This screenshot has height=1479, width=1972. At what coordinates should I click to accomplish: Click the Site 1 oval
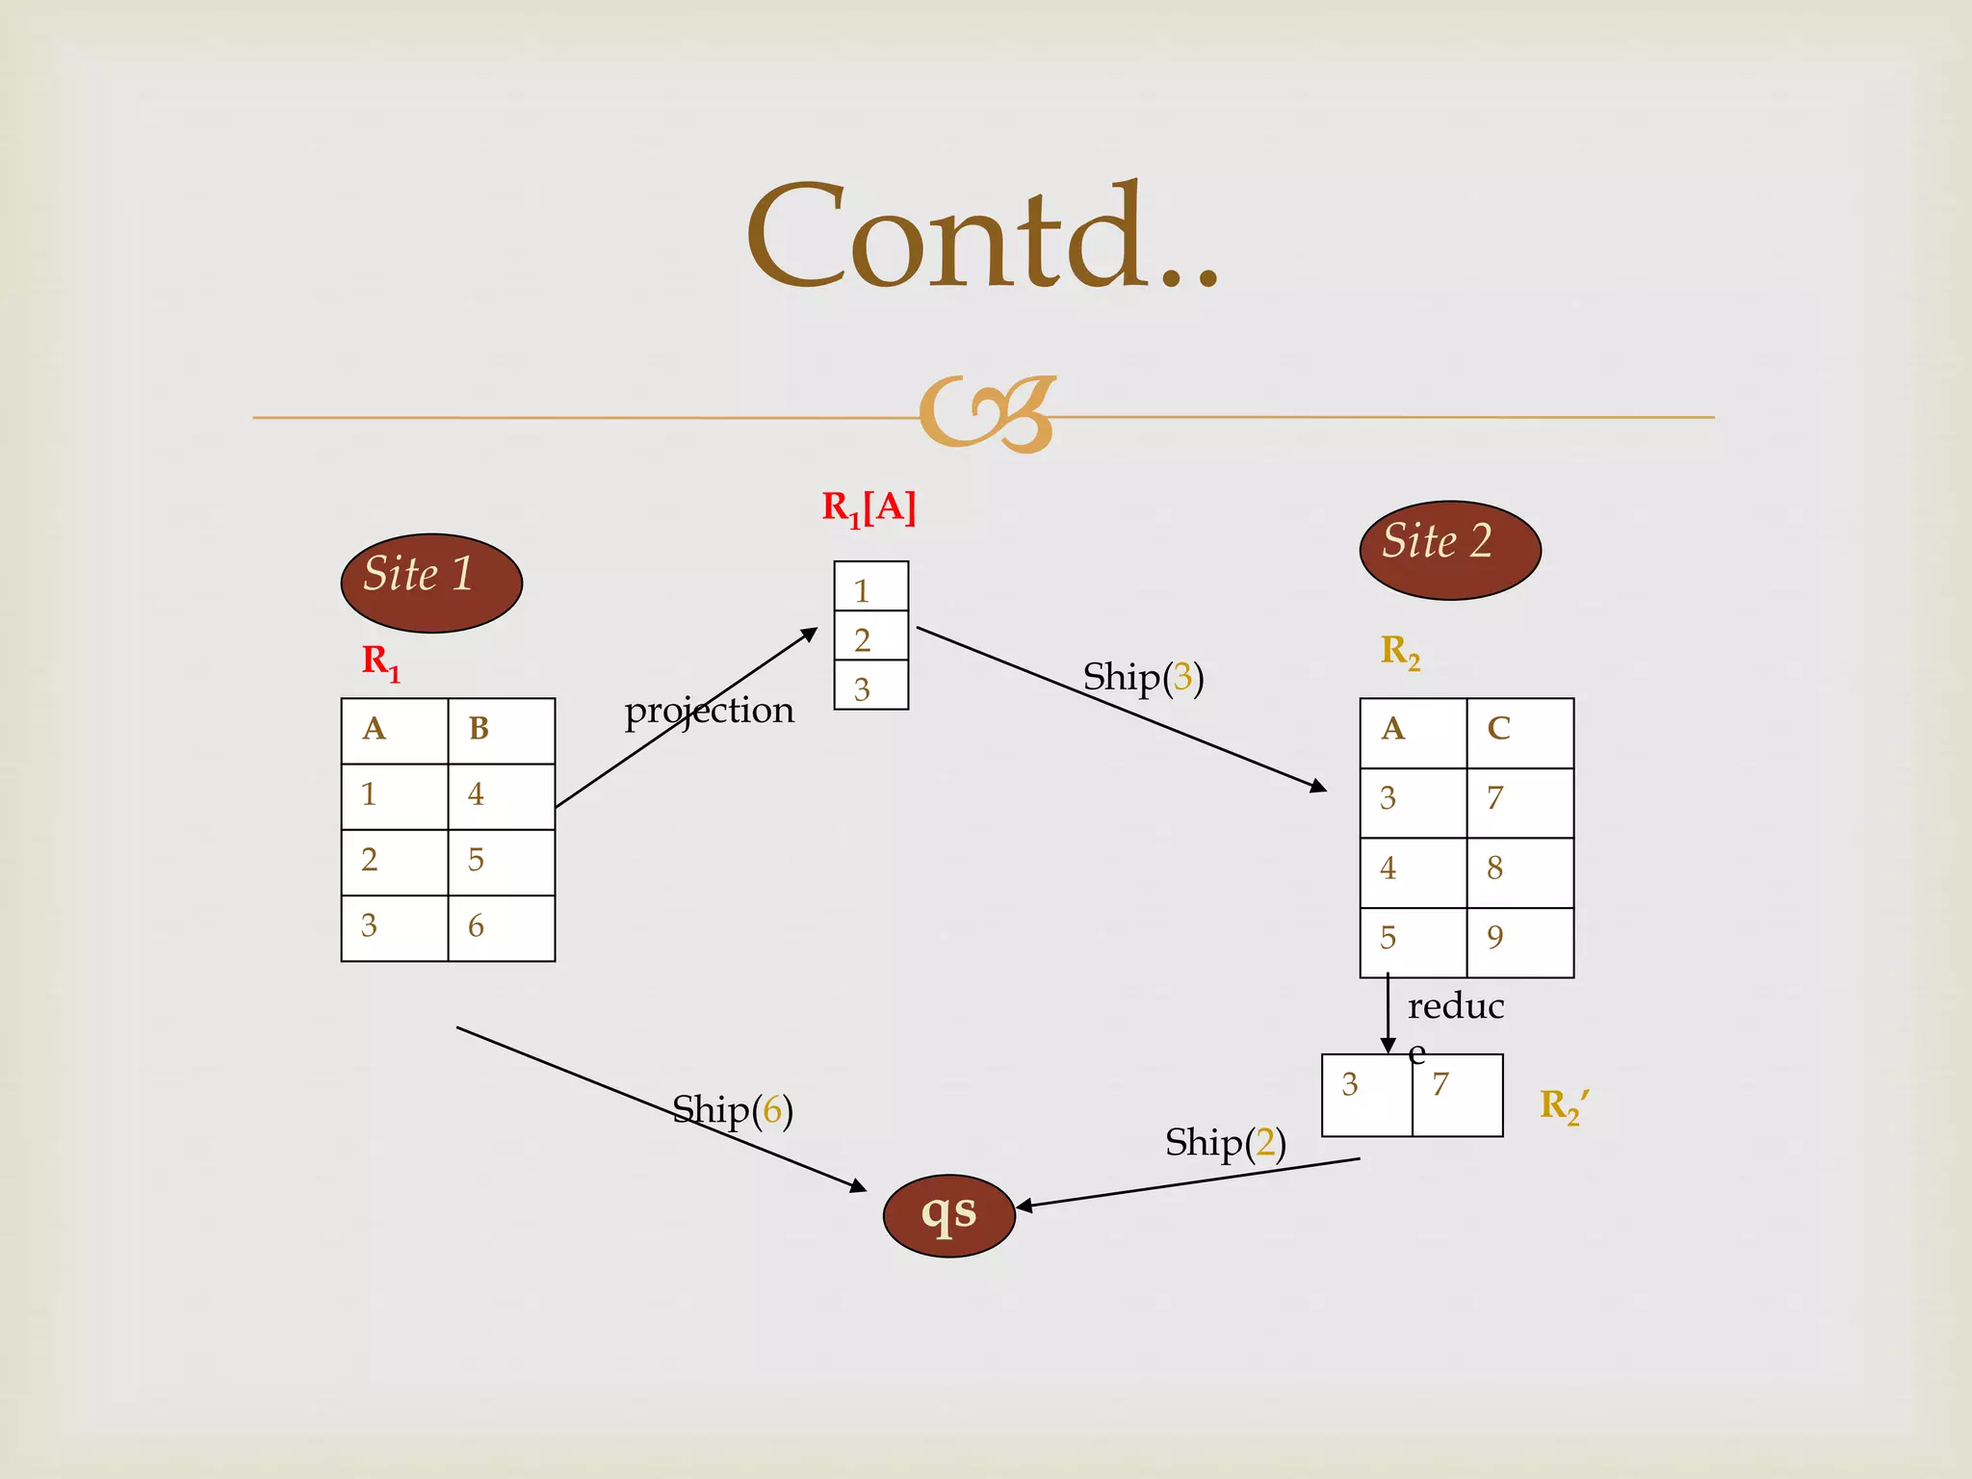click(431, 583)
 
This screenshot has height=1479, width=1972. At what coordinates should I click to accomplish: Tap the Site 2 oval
click(1450, 550)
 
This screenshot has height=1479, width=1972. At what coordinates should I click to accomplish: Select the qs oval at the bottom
click(948, 1215)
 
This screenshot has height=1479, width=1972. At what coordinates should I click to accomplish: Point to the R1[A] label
click(868, 507)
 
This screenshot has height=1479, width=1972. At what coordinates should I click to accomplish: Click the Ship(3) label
click(1143, 677)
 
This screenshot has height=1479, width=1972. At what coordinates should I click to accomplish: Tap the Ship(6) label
click(732, 1110)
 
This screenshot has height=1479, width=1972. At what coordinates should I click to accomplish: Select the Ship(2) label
click(1225, 1143)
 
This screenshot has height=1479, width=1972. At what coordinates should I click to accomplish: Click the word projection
click(709, 711)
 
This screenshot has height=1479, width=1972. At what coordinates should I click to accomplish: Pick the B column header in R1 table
click(501, 730)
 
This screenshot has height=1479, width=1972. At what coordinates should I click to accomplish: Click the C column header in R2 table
click(1519, 731)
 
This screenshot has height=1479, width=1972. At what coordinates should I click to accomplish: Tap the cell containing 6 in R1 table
click(501, 927)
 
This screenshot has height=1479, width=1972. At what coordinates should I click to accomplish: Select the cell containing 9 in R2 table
click(1519, 941)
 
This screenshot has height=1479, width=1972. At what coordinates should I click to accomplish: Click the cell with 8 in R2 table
click(1519, 871)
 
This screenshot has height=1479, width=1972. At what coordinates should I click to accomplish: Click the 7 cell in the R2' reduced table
click(1457, 1095)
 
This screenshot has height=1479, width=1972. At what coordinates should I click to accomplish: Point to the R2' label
click(1564, 1105)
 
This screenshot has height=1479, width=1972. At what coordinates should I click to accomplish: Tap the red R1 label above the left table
click(380, 662)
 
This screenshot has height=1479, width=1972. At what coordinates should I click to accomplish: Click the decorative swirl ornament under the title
click(987, 415)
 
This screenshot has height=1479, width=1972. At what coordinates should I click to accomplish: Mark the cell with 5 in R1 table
click(501, 862)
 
